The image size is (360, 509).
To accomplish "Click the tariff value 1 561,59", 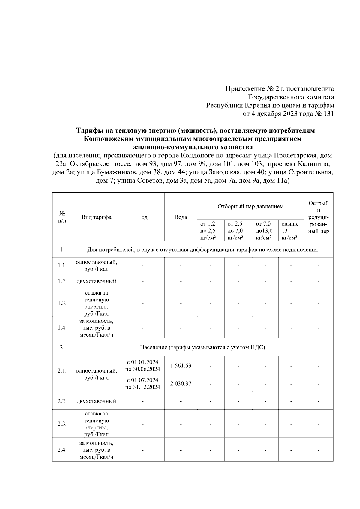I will (x=181, y=366).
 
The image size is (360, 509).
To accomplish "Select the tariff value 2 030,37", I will (x=181, y=384).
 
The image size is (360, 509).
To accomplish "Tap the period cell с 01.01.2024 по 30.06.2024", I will (x=142, y=366).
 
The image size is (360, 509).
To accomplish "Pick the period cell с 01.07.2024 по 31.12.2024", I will (x=142, y=384).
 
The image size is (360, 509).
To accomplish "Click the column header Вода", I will (x=181, y=217).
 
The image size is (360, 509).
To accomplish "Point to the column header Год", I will (x=142, y=217).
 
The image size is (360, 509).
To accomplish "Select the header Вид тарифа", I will (x=96, y=217).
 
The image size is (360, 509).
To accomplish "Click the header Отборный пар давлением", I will (x=250, y=206).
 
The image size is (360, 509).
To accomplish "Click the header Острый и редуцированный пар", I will (x=319, y=217).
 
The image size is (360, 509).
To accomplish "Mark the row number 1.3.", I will (x=62, y=303).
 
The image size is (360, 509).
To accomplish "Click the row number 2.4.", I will (x=62, y=450).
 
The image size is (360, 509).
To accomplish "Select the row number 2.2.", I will (x=62, y=401).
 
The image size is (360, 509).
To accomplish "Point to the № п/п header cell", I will (x=62, y=217).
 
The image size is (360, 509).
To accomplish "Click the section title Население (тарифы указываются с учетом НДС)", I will (x=202, y=347).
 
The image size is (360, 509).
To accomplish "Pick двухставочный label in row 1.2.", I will (x=96, y=281).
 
